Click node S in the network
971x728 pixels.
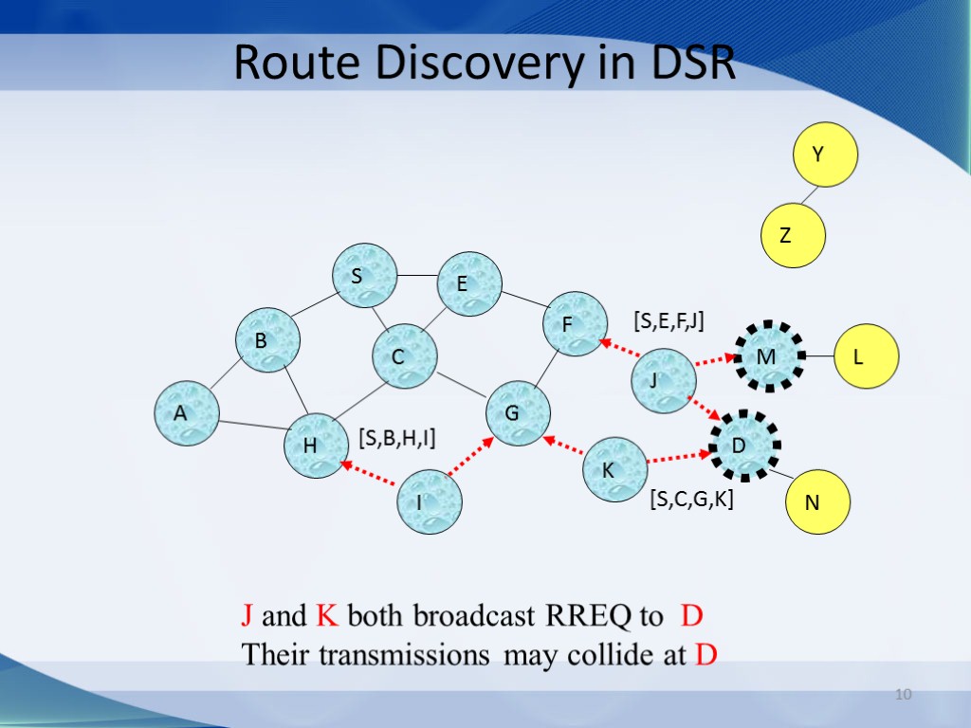coord(363,276)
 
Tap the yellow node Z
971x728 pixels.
coord(794,235)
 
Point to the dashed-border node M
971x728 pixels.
coord(767,355)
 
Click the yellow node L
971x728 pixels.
coord(866,356)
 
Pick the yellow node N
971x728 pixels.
coord(818,502)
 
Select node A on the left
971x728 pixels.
coord(187,412)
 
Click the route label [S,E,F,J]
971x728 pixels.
coord(669,321)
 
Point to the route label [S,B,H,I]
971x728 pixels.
coord(396,436)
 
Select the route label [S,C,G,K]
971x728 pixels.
coord(691,500)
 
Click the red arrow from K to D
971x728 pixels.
coord(679,458)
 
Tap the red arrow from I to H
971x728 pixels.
coord(369,473)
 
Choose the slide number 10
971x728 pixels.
coord(903,697)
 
